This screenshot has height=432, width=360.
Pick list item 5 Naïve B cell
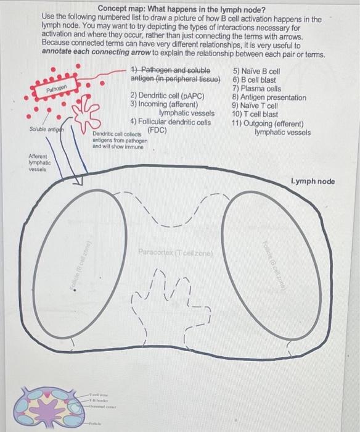tap(256, 71)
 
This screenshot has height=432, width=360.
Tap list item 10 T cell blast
tap(255, 114)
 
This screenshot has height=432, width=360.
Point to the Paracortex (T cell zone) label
tap(176, 252)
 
